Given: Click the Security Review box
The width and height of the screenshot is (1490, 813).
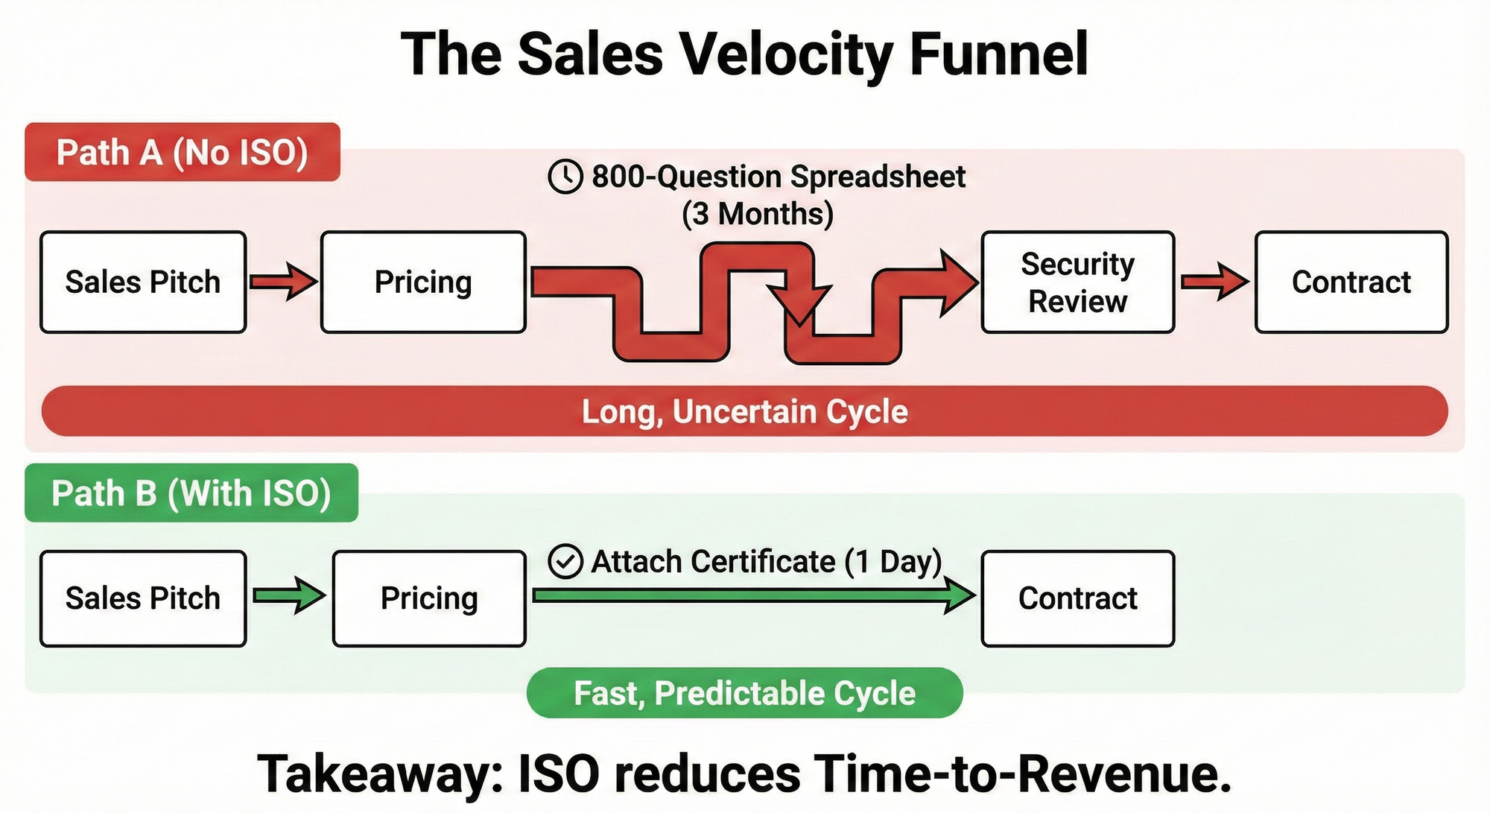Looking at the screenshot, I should tap(1077, 282).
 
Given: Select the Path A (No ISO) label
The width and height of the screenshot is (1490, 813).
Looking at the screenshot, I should tap(183, 153).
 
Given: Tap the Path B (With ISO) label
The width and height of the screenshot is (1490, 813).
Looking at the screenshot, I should tap(191, 493).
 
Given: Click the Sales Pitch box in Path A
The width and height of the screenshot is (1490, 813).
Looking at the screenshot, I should tap(143, 282).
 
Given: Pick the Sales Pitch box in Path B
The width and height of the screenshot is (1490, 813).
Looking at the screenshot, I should tap(143, 598).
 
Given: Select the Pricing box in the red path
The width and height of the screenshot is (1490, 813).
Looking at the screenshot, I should tap(423, 282).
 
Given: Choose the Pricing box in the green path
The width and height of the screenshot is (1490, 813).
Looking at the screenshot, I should tap(429, 598).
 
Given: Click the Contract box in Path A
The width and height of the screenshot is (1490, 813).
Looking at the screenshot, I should tap(1351, 282).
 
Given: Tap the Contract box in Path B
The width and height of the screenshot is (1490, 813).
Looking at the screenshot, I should tap(1077, 598).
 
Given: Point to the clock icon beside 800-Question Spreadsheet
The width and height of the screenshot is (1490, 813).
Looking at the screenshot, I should tap(565, 177).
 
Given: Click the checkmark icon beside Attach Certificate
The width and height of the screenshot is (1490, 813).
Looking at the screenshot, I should tap(565, 562).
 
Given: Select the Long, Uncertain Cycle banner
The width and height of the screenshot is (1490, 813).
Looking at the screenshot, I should tap(745, 411).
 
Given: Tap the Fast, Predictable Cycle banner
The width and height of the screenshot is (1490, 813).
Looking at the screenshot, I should tap(745, 693).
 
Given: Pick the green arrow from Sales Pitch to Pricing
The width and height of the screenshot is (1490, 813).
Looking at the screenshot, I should tap(289, 595).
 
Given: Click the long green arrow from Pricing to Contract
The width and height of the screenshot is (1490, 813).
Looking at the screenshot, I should tap(752, 595).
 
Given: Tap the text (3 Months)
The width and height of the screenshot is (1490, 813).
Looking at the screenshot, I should tap(757, 214).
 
